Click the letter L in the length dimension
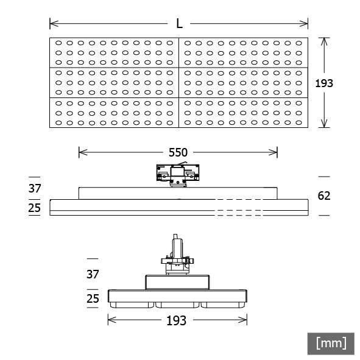179,24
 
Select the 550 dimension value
178,152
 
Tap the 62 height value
325,196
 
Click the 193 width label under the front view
177,320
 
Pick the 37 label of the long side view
35,188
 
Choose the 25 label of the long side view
35,208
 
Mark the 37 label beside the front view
93,275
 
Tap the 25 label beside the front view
93,298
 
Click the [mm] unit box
331,343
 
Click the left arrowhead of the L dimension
53,24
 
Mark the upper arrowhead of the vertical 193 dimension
325,41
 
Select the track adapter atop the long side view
178,174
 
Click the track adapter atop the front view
177,256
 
